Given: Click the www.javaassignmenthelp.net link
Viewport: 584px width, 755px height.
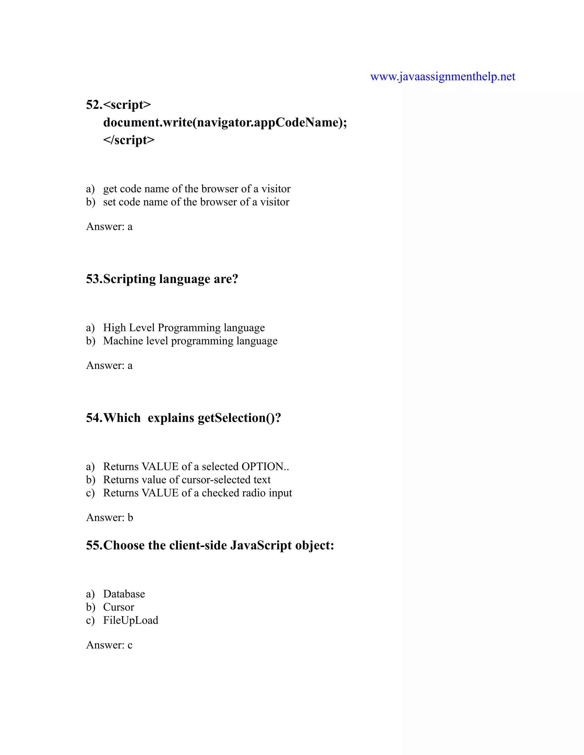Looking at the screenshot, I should tap(443, 76).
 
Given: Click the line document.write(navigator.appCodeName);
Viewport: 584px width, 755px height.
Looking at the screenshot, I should tap(225, 123).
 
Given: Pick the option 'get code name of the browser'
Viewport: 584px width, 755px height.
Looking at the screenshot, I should tap(196, 189).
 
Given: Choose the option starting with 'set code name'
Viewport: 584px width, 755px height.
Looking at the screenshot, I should tap(196, 202).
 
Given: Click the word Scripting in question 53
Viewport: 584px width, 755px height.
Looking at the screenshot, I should tap(129, 279).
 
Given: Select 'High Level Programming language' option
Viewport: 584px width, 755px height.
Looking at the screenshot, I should tap(184, 327).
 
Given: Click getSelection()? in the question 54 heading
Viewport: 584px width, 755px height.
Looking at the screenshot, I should tap(239, 418).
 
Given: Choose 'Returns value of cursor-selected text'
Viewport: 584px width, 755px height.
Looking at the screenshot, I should tap(187, 480).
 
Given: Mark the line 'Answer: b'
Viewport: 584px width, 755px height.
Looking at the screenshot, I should tap(109, 517).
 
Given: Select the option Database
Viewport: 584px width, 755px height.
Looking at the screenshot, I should tap(124, 594).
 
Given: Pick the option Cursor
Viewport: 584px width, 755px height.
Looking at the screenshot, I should tap(118, 607).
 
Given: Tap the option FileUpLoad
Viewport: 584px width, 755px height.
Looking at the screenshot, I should tap(130, 620).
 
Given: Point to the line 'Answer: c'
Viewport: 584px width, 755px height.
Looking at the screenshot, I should tap(109, 645).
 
